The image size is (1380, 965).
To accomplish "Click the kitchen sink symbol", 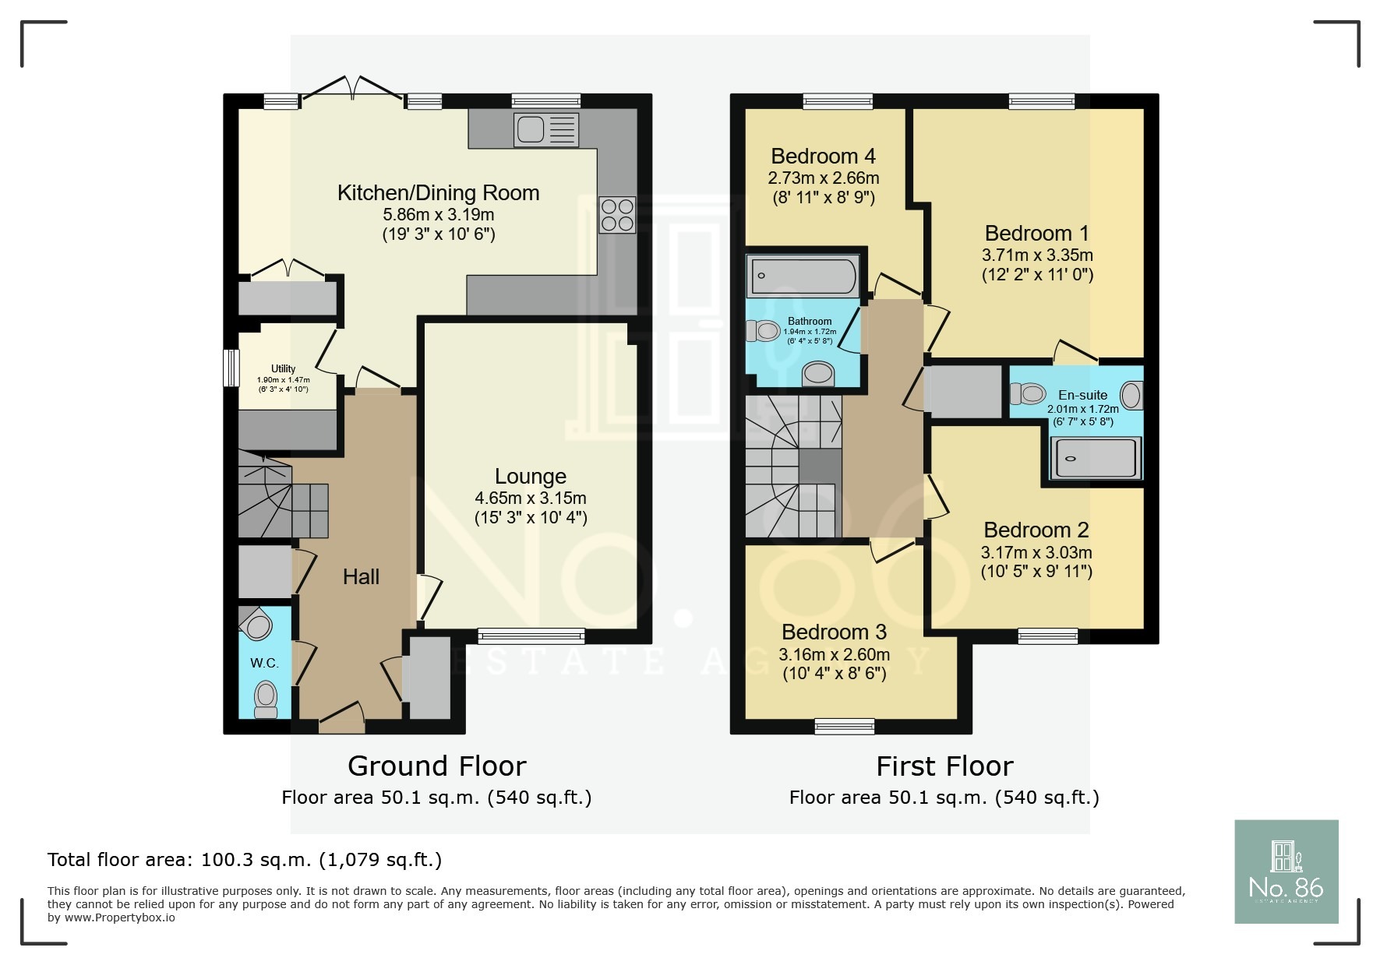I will (546, 129).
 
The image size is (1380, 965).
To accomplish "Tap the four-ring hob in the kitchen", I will (616, 214).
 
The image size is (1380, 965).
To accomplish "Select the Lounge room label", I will (531, 477).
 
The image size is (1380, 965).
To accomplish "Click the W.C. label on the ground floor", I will (264, 663).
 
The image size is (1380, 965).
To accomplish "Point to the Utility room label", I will (283, 368).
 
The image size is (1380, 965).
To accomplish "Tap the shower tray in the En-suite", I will (1095, 458).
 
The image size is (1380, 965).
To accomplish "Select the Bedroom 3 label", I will (834, 632).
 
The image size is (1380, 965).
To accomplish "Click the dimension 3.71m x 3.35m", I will (1037, 255).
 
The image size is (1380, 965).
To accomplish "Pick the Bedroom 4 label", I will (824, 156).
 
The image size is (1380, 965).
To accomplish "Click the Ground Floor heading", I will (436, 766).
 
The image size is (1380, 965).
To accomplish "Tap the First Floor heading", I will (944, 766).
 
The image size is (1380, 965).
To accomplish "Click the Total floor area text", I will (245, 860).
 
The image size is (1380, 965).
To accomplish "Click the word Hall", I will (361, 576).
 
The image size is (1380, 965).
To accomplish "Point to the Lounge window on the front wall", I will (531, 636).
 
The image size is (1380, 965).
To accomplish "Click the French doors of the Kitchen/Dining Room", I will (352, 87).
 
